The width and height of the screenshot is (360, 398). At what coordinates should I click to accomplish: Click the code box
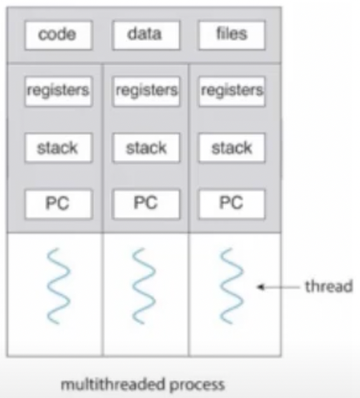click(x=59, y=35)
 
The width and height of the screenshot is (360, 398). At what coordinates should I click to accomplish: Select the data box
click(x=146, y=35)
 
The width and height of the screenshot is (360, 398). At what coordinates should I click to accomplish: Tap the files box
click(x=232, y=35)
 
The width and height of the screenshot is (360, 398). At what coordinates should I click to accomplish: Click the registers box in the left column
click(x=59, y=92)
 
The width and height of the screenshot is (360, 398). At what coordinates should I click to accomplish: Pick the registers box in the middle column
click(x=146, y=92)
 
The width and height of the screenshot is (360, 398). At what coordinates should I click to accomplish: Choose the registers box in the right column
click(x=232, y=92)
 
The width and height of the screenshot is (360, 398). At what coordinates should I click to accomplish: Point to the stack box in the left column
click(x=59, y=148)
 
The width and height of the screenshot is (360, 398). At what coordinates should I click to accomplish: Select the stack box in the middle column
click(x=146, y=148)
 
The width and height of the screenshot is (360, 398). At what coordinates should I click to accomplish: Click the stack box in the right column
click(x=232, y=148)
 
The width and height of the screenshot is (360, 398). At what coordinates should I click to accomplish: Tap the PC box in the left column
click(x=59, y=204)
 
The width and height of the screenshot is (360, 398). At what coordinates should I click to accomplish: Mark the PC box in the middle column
click(x=146, y=204)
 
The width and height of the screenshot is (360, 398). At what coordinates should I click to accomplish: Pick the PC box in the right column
click(x=232, y=204)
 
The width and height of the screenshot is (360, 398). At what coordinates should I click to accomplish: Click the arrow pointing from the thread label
click(x=279, y=287)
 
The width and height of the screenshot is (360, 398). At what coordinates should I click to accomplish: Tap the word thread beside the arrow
click(x=329, y=286)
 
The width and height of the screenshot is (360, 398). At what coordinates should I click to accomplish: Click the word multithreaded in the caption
click(x=113, y=384)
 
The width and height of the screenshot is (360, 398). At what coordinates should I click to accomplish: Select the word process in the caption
click(x=197, y=385)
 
